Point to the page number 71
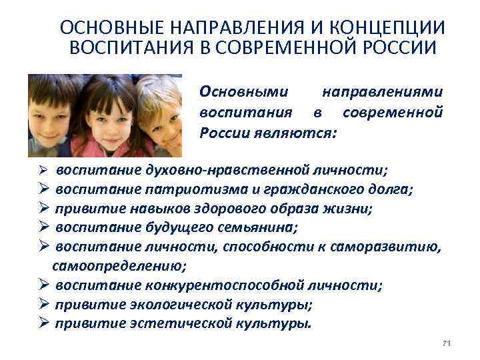[447, 343]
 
